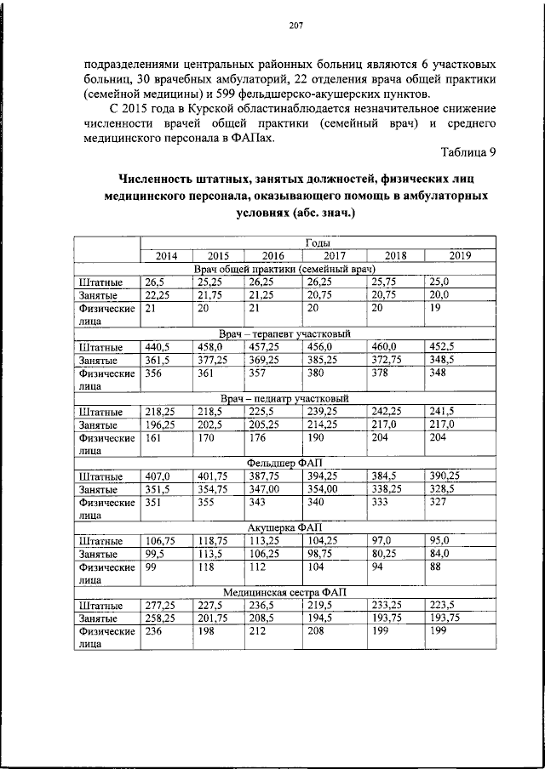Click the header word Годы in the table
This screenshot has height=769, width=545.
click(x=318, y=242)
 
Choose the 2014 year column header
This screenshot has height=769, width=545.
click(x=166, y=255)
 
